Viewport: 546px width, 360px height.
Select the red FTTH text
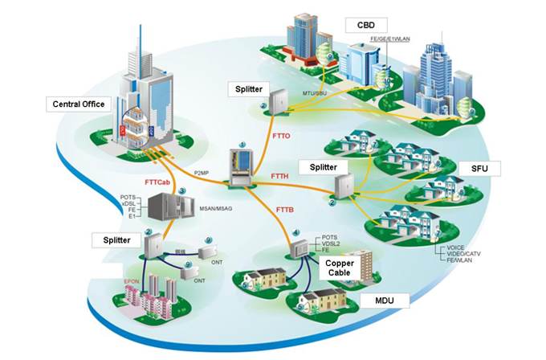pos(281,175)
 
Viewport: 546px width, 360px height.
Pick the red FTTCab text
pos(157,182)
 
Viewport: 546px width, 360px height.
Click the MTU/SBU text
pos(315,93)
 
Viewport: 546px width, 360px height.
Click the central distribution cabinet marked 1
pos(240,164)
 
